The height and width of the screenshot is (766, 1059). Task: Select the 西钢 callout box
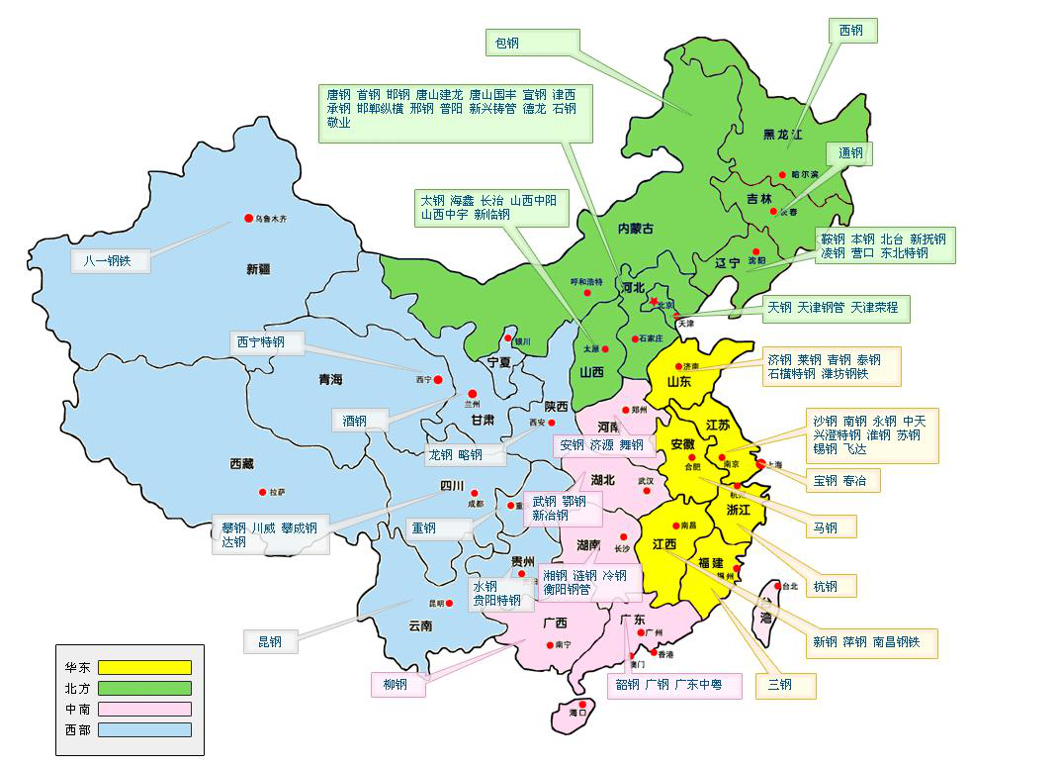click(851, 31)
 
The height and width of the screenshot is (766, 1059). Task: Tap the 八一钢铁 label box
click(110, 261)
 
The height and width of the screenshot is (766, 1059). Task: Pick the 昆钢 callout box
click(270, 641)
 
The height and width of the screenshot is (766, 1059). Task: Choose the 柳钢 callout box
click(397, 685)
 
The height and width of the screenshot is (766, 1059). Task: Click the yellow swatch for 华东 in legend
click(144, 667)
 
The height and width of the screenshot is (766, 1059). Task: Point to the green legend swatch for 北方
click(144, 688)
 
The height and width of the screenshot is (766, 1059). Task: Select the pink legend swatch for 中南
click(144, 709)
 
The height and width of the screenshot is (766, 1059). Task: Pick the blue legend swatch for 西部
click(144, 729)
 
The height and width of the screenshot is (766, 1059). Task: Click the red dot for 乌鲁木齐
click(248, 219)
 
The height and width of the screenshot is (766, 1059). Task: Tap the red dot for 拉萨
click(261, 491)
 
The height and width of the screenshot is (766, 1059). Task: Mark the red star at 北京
click(654, 301)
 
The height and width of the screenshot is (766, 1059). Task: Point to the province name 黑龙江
click(782, 134)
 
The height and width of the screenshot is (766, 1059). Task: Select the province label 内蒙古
click(635, 229)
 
